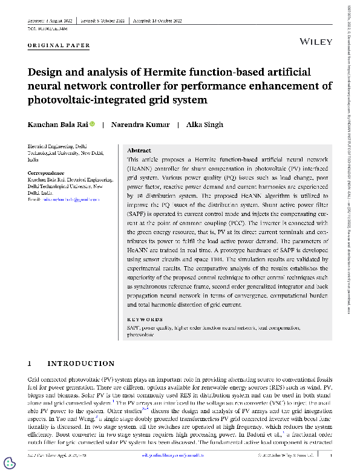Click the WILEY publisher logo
click(x=316, y=41)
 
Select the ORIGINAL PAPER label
click(x=59, y=45)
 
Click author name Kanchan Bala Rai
click(x=58, y=125)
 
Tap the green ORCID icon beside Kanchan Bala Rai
click(x=93, y=125)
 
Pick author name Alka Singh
click(x=205, y=125)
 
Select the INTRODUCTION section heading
click(x=81, y=364)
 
